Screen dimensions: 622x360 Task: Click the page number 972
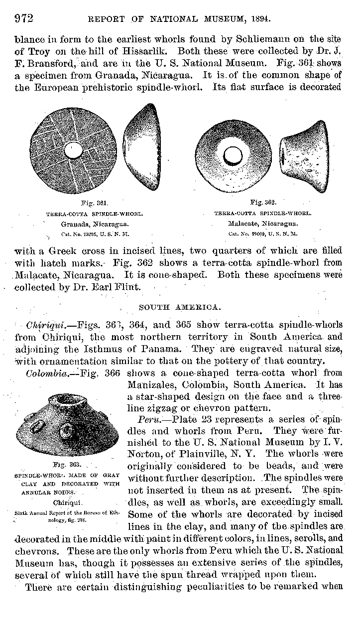(x=23, y=19)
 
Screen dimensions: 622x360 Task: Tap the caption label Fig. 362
(x=263, y=203)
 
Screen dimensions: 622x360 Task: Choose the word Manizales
(x=151, y=384)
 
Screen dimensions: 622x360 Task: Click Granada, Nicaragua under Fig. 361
(x=94, y=224)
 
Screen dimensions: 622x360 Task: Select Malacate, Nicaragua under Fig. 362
(x=262, y=224)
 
